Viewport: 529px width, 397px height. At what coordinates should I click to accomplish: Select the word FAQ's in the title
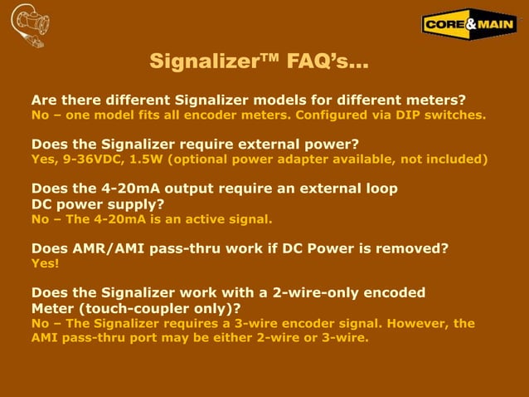click(328, 62)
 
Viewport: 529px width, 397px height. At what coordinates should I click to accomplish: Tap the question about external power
click(195, 144)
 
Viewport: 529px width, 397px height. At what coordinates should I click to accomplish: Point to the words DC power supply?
click(97, 203)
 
